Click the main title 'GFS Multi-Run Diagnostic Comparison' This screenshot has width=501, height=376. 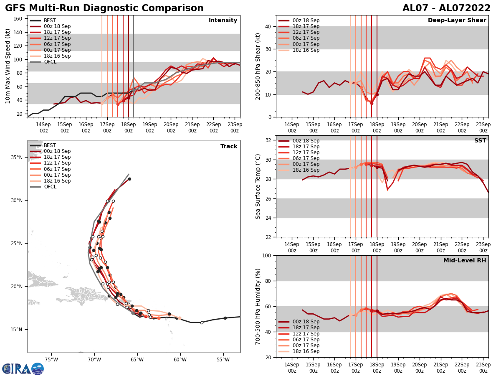[x=104, y=8]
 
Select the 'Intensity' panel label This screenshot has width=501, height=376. [x=223, y=20]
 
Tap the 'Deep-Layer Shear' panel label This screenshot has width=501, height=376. [x=457, y=20]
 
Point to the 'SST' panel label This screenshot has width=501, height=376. [x=480, y=141]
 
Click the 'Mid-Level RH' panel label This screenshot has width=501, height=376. [x=465, y=261]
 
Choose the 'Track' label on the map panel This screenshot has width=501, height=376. [x=229, y=147]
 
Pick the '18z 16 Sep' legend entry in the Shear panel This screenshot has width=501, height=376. [x=299, y=50]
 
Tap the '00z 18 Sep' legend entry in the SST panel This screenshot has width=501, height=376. [x=299, y=141]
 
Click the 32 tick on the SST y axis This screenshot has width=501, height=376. [x=269, y=140]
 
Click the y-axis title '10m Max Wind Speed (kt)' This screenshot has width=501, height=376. [x=8, y=66]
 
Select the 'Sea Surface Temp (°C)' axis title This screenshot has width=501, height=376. [x=258, y=186]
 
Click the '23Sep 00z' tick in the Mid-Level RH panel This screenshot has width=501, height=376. [x=483, y=368]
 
